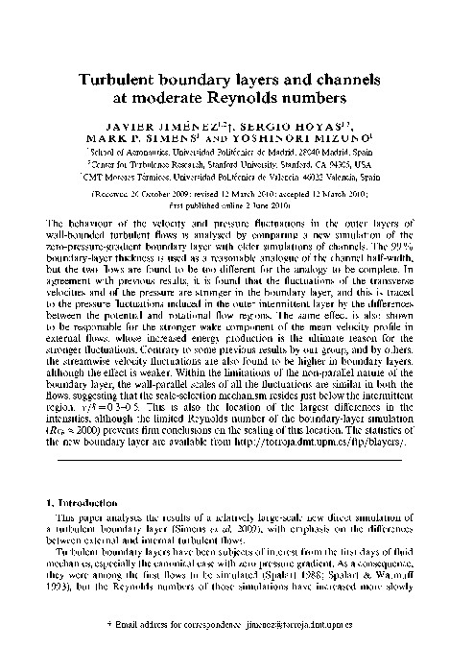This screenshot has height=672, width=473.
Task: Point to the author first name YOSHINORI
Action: (x=279, y=138)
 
